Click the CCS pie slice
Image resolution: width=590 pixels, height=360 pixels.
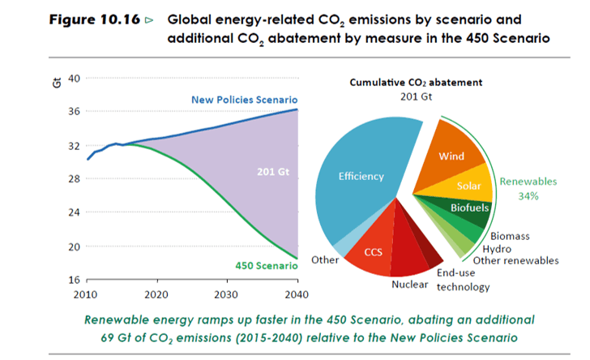[x=372, y=251]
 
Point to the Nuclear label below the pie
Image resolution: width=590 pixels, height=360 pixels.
[x=409, y=285]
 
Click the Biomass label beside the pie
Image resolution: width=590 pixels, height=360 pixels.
[x=510, y=236]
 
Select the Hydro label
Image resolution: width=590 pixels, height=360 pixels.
[x=498, y=248]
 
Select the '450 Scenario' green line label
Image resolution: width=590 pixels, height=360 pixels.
[x=263, y=265]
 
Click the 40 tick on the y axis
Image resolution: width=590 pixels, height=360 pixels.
[x=73, y=78]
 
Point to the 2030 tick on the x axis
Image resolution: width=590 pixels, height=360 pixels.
[x=227, y=294]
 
